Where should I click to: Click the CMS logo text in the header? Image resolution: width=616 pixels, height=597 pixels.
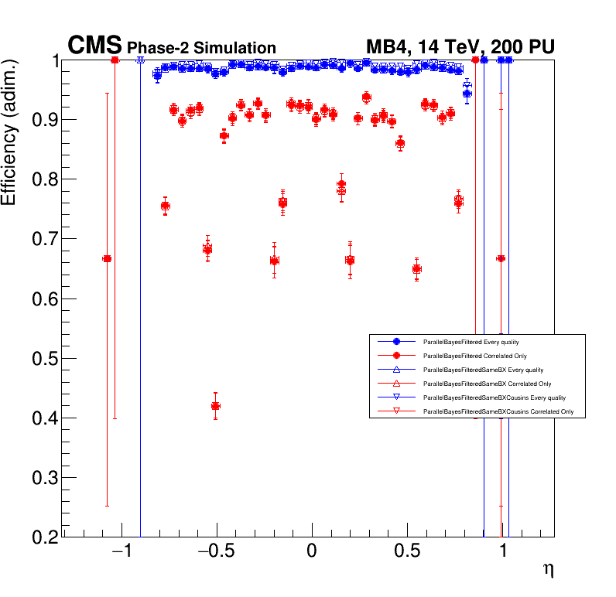tap(95, 46)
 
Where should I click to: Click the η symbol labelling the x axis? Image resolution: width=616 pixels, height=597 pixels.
tap(548, 571)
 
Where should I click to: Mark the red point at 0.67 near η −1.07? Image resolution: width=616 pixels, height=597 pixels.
tap(107, 259)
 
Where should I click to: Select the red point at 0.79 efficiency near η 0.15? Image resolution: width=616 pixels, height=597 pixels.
tap(341, 185)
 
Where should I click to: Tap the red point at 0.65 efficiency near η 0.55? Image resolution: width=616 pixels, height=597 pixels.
tap(417, 269)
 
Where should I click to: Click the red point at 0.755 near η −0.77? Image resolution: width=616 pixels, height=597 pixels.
tap(165, 206)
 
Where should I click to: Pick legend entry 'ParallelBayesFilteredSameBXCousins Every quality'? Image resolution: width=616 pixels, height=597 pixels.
tap(493, 397)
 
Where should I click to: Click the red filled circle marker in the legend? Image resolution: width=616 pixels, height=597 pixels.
tap(396, 355)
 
